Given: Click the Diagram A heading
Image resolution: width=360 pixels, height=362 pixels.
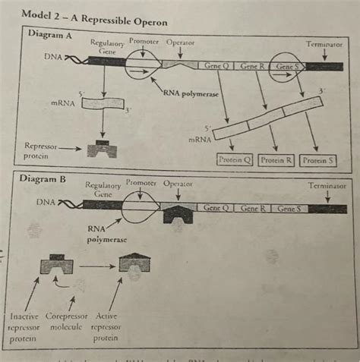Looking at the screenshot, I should tap(49, 34).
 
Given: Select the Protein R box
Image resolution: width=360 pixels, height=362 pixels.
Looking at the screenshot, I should tap(276, 160).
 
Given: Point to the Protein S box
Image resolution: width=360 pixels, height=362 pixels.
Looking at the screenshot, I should tap(318, 160).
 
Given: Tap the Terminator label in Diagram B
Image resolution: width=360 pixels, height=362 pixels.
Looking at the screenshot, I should tap(327, 185).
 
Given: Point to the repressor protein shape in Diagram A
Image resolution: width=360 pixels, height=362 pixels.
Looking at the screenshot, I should tap(102, 148).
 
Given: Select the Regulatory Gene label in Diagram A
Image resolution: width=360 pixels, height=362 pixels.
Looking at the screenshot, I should tap(107, 47).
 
